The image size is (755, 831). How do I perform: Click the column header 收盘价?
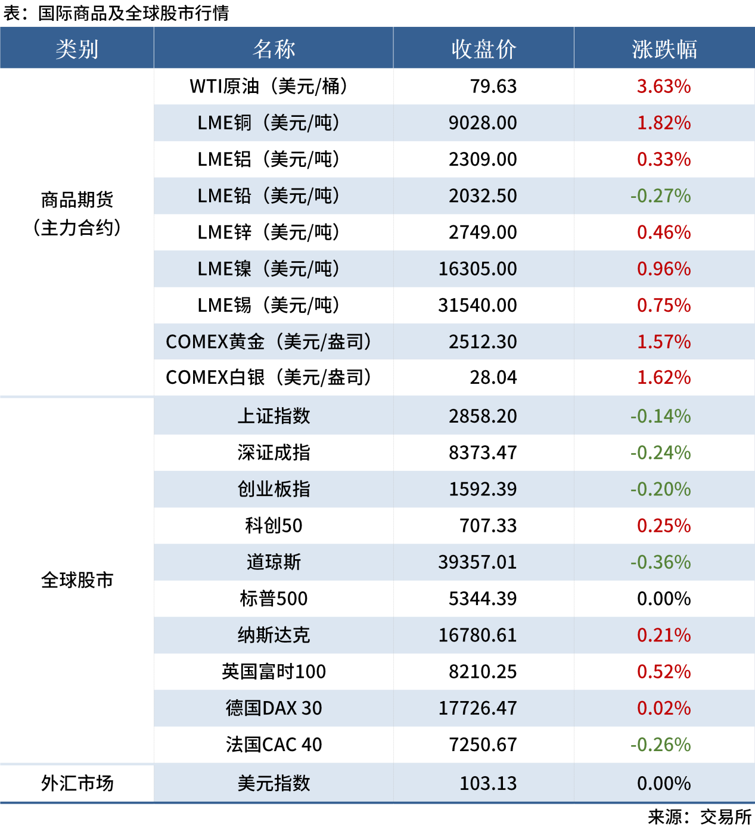click(483, 49)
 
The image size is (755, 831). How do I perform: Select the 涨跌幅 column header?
click(664, 49)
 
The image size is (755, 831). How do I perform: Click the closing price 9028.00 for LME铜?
click(483, 123)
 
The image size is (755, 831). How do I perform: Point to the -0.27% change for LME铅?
click(660, 196)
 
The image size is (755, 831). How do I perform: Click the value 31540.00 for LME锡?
click(477, 305)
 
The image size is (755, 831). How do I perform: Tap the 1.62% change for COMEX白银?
click(664, 377)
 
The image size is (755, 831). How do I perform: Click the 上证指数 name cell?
click(274, 416)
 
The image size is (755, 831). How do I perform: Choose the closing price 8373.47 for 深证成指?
click(483, 452)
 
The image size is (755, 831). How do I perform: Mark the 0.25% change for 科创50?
click(664, 526)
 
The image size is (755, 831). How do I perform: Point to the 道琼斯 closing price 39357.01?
click(477, 562)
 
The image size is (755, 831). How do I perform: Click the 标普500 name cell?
click(274, 599)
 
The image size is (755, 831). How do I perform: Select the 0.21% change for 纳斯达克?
click(664, 635)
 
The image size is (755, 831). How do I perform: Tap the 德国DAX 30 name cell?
click(274, 708)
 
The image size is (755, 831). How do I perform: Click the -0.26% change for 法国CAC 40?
click(660, 745)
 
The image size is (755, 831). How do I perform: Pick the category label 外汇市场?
click(77, 783)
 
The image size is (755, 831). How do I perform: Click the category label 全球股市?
click(77, 580)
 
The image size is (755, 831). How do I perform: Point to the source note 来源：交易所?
click(700, 817)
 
